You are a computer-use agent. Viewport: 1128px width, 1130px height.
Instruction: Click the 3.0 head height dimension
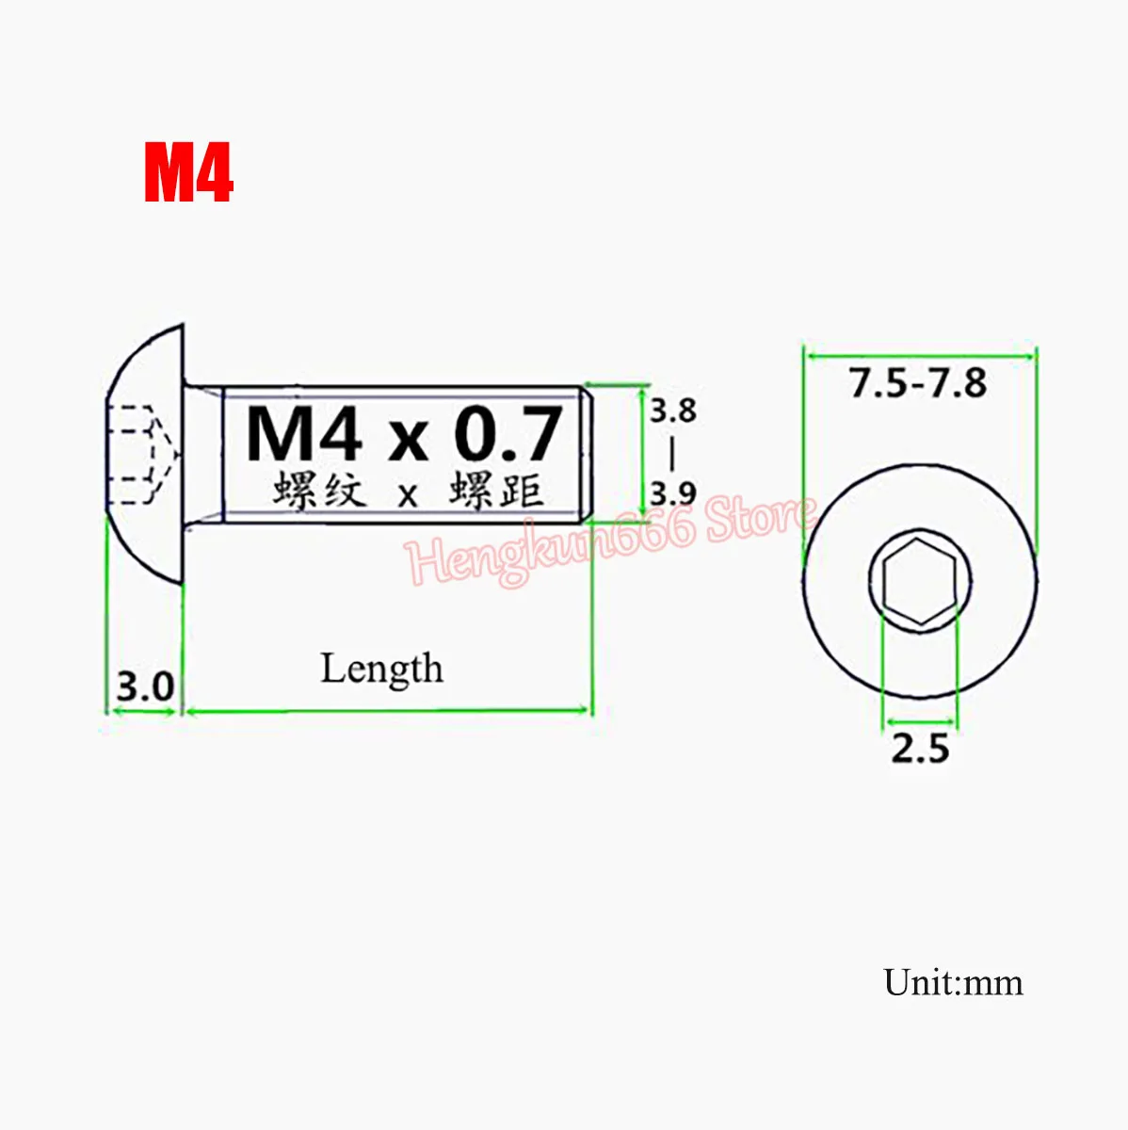pos(145,686)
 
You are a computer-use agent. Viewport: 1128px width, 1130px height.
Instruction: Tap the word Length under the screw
pos(381,669)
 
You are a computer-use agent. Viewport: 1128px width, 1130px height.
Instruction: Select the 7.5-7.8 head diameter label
pos(918,383)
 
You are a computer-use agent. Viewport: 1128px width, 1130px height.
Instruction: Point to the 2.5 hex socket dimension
pos(920,749)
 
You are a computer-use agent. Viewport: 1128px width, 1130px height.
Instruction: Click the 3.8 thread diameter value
pos(672,411)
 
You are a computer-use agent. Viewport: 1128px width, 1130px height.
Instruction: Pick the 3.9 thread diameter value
pos(672,492)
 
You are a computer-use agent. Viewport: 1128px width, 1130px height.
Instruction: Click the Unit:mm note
pos(953,982)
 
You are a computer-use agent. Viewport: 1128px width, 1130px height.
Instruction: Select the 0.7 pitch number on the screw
pos(508,434)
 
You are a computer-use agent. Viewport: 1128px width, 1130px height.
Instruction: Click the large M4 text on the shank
pos(304,434)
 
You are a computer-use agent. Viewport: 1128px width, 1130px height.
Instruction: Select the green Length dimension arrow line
pos(387,711)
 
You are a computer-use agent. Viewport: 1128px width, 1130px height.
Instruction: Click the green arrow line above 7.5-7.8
pos(919,357)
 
